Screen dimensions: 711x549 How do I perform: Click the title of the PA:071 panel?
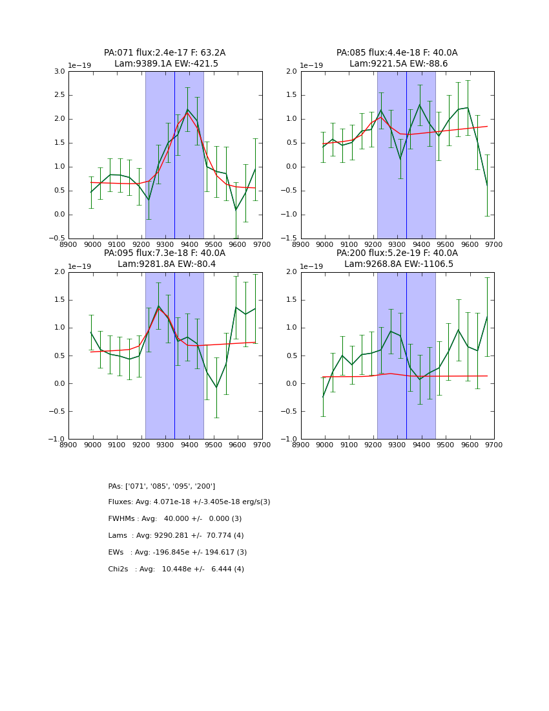click(165, 58)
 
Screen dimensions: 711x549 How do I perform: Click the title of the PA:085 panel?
click(397, 58)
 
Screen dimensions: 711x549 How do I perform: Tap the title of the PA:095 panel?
click(165, 259)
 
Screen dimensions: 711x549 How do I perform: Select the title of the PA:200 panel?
click(397, 259)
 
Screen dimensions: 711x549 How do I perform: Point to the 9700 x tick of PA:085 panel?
click(494, 244)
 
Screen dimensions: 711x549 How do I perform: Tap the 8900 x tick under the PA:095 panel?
click(68, 444)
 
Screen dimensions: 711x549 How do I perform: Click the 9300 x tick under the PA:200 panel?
click(397, 444)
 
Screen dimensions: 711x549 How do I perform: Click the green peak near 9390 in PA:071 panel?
click(187, 109)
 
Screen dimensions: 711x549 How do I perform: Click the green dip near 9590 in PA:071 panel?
click(236, 210)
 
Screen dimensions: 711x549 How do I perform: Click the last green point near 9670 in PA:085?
click(487, 186)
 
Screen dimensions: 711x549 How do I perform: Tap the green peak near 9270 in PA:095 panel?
click(158, 306)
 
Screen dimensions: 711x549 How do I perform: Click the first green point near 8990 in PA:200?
click(323, 396)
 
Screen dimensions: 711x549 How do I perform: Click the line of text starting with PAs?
click(161, 486)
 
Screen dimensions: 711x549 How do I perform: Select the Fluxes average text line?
click(189, 502)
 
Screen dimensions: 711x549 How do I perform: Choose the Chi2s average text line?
click(176, 569)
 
